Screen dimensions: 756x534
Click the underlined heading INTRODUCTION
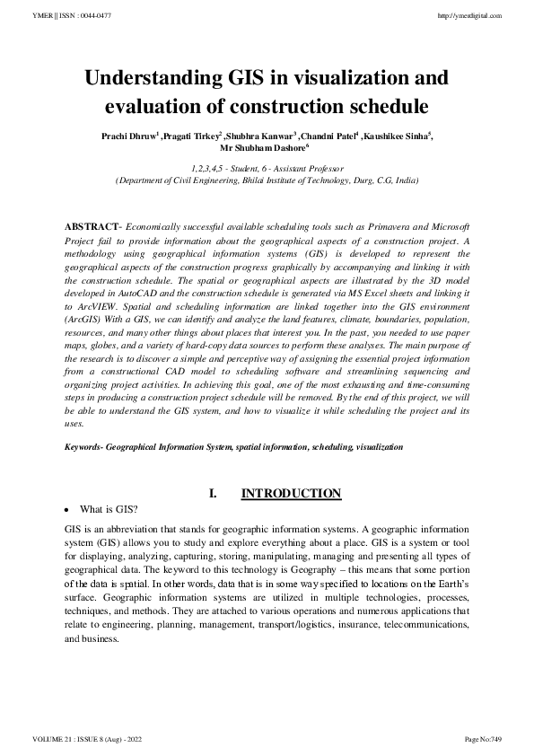pyautogui.click(x=292, y=493)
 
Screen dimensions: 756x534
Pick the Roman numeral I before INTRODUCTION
pyautogui.click(x=213, y=493)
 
